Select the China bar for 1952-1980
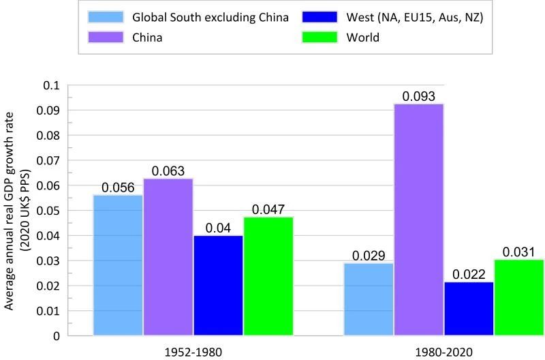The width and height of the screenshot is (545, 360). click(168, 257)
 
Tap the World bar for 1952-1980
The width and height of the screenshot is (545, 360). click(268, 276)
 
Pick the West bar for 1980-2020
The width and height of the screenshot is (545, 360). click(469, 308)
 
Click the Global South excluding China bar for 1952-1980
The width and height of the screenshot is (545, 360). click(118, 265)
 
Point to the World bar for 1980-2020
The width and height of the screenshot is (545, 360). click(518, 297)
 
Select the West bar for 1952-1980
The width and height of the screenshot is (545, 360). click(218, 285)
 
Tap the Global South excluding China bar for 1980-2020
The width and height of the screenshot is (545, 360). click(369, 299)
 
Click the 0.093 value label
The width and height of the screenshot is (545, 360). click(418, 96)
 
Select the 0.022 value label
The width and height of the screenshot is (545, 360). click(469, 274)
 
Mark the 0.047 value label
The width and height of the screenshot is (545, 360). click(268, 210)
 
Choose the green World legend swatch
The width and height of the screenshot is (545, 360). click(320, 37)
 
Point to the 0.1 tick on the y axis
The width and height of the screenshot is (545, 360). click(51, 85)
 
